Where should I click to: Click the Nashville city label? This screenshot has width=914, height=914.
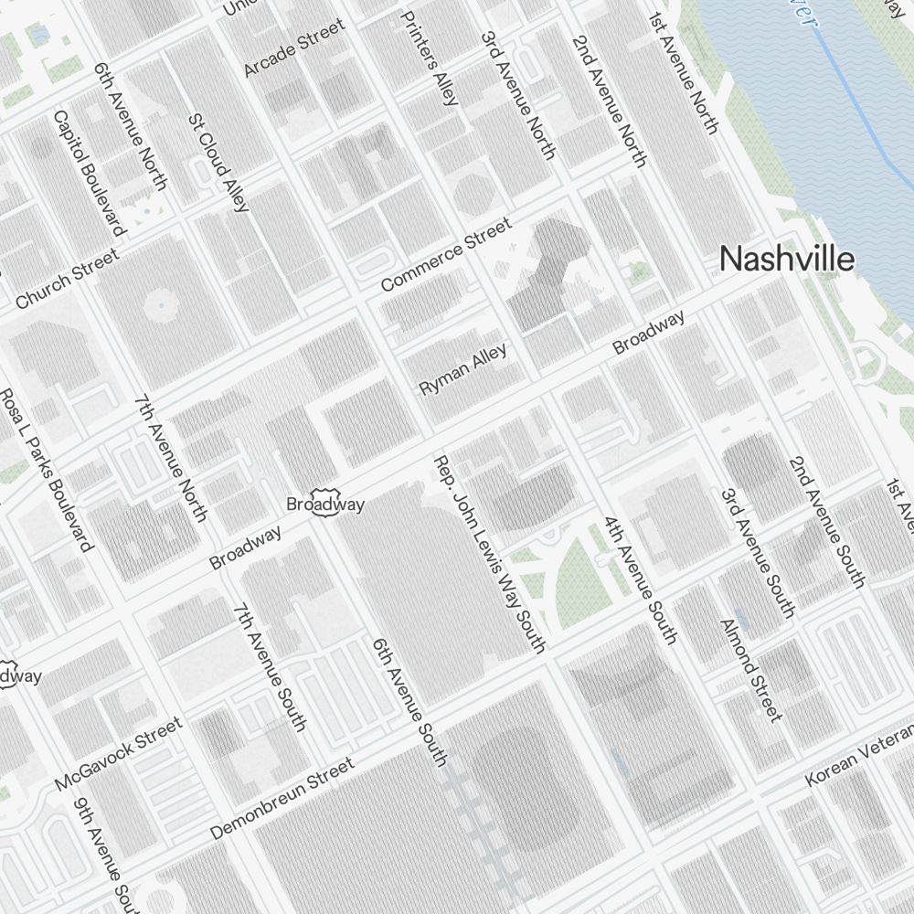click(787, 260)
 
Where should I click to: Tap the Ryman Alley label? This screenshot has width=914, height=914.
click(462, 369)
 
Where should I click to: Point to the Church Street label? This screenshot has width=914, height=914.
click(67, 279)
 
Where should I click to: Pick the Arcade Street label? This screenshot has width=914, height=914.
click(294, 48)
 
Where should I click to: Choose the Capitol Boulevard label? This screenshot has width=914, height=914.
click(88, 173)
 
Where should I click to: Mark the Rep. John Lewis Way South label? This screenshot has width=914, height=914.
click(489, 554)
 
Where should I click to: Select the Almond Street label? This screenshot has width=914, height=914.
click(751, 669)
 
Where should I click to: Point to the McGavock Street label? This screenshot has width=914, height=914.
click(118, 754)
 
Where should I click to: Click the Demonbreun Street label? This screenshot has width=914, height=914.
click(282, 798)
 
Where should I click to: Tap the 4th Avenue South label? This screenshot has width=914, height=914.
click(640, 579)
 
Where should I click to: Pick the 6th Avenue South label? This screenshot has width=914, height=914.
click(409, 701)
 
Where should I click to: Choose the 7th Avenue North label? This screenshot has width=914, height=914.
click(170, 458)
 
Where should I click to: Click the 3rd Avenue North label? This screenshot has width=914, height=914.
click(517, 96)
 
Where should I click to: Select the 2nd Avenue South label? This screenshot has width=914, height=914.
click(826, 521)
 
